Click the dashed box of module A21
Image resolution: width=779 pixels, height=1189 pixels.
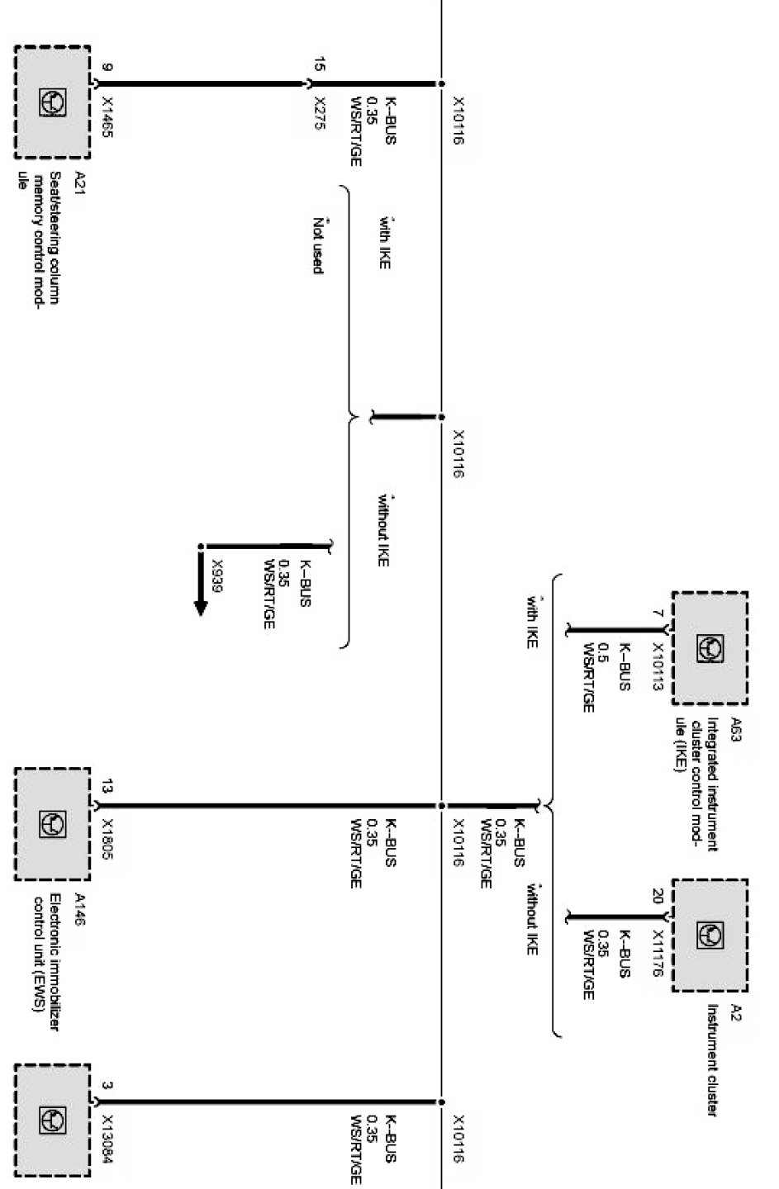tap(52, 102)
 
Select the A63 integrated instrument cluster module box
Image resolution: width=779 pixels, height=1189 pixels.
tap(710, 648)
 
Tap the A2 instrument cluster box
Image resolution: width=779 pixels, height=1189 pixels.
tap(710, 935)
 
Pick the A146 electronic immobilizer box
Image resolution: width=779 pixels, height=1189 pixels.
tap(52, 823)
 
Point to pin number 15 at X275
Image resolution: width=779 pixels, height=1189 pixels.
tap(319, 63)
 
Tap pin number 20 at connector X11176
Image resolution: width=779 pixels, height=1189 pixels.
tap(658, 897)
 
